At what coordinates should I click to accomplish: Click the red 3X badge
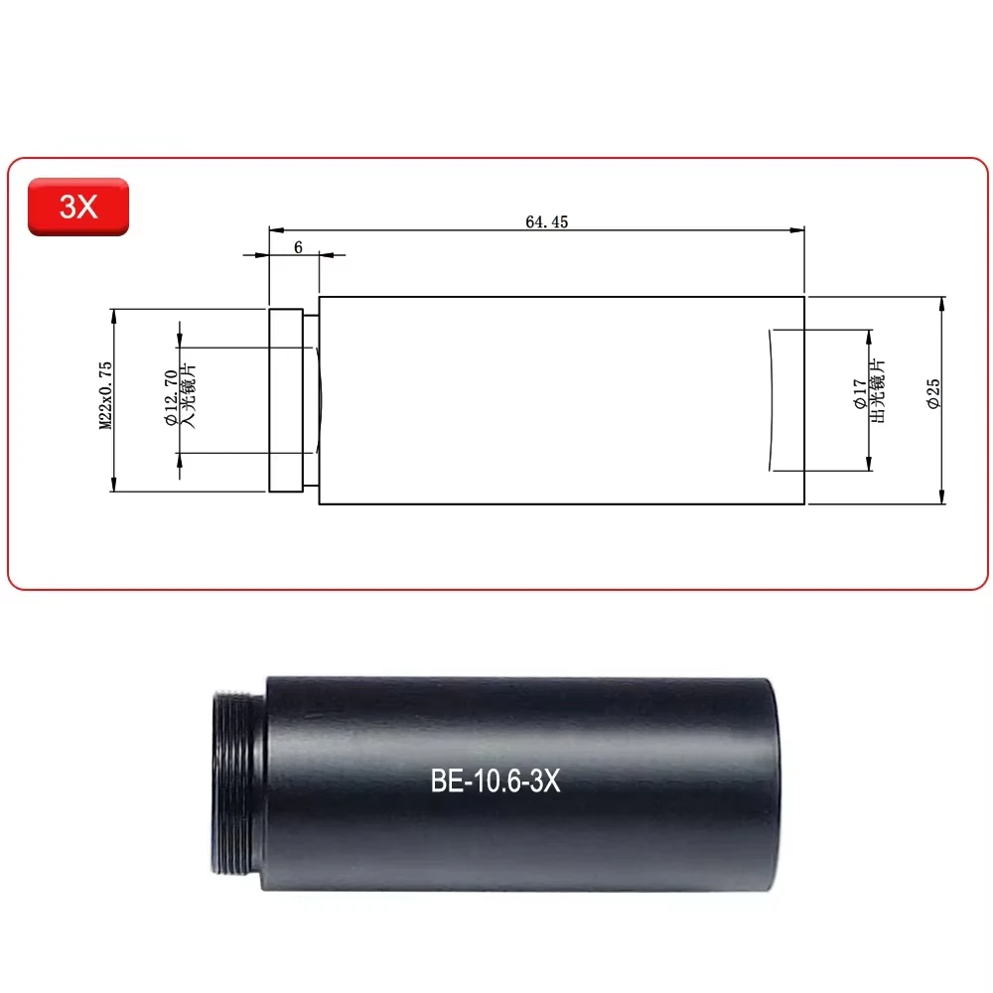pos(77,207)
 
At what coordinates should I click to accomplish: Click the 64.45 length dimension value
pos(546,222)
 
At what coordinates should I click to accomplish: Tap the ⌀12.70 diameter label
pos(170,399)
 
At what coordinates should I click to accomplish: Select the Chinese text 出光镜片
pos(877,394)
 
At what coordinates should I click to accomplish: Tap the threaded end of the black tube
pos(239,784)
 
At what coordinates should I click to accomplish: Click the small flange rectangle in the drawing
pos(285,400)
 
